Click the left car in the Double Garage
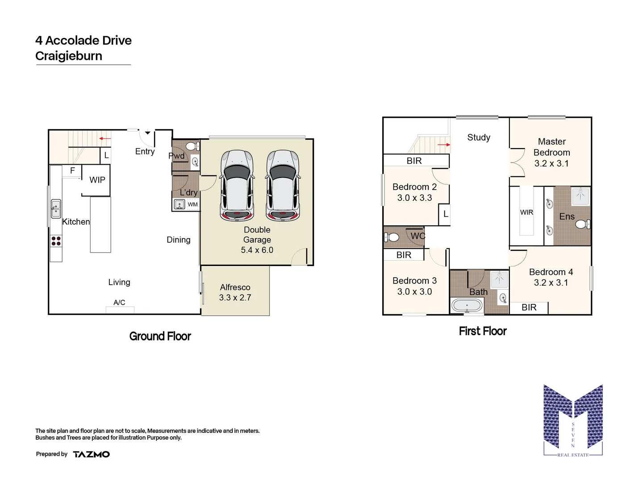[x=237, y=185]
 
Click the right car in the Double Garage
[x=283, y=185]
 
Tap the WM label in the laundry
[x=192, y=204]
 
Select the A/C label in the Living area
[x=119, y=303]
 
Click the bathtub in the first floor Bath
[x=467, y=306]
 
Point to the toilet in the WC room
[x=392, y=237]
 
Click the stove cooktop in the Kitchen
[x=56, y=241]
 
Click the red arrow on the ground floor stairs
[x=105, y=139]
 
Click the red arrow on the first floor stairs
[x=444, y=145]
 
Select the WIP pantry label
[x=97, y=180]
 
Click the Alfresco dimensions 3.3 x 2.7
[x=235, y=298]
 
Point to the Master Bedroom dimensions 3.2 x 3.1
[x=551, y=163]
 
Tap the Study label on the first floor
[x=479, y=137]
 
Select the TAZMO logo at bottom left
[x=91, y=454]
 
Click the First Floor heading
[x=483, y=331]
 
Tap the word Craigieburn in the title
[x=69, y=56]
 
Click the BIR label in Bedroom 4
[x=529, y=307]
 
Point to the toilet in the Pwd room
[x=191, y=146]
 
